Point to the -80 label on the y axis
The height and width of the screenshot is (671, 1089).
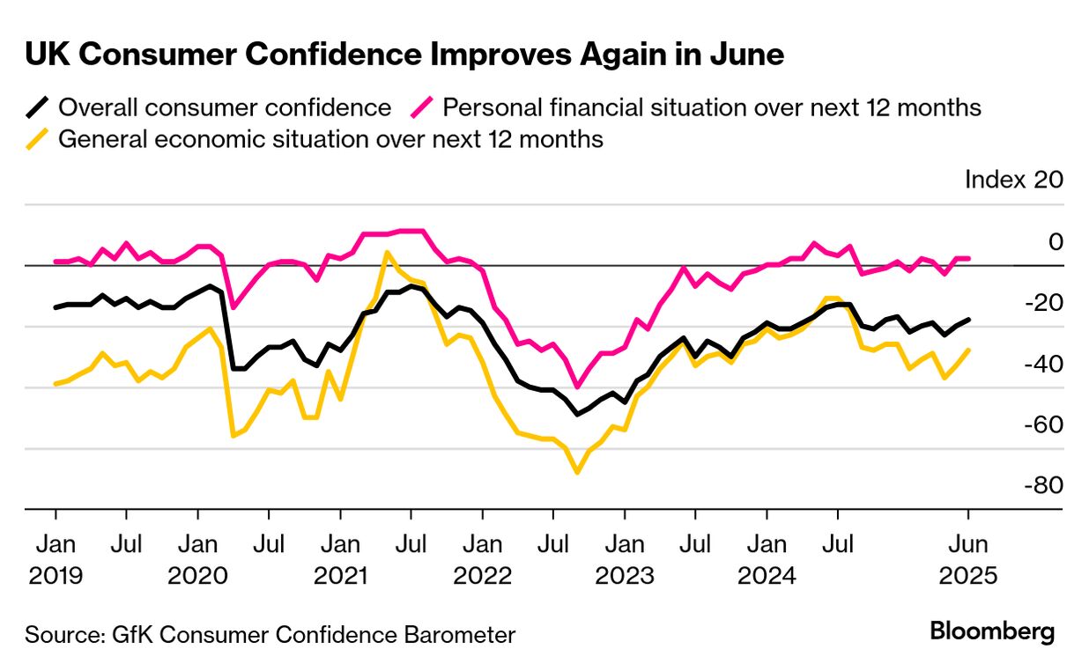pos(1042,486)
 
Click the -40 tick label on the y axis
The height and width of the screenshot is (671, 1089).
pos(1042,364)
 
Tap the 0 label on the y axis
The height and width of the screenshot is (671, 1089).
pos(1055,241)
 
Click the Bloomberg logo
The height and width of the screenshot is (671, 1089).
pos(992,631)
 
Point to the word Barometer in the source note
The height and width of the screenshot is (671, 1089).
pos(462,634)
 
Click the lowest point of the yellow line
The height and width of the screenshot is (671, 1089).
pos(577,472)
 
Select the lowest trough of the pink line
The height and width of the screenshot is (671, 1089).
pos(577,387)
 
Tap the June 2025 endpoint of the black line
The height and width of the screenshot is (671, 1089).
pos(969,319)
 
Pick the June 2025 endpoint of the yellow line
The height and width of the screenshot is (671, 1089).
pos(969,350)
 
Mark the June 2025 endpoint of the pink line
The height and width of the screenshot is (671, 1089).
pos(969,258)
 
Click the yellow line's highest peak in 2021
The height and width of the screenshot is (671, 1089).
pos(387,252)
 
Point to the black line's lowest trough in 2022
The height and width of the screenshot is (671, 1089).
pos(577,414)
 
